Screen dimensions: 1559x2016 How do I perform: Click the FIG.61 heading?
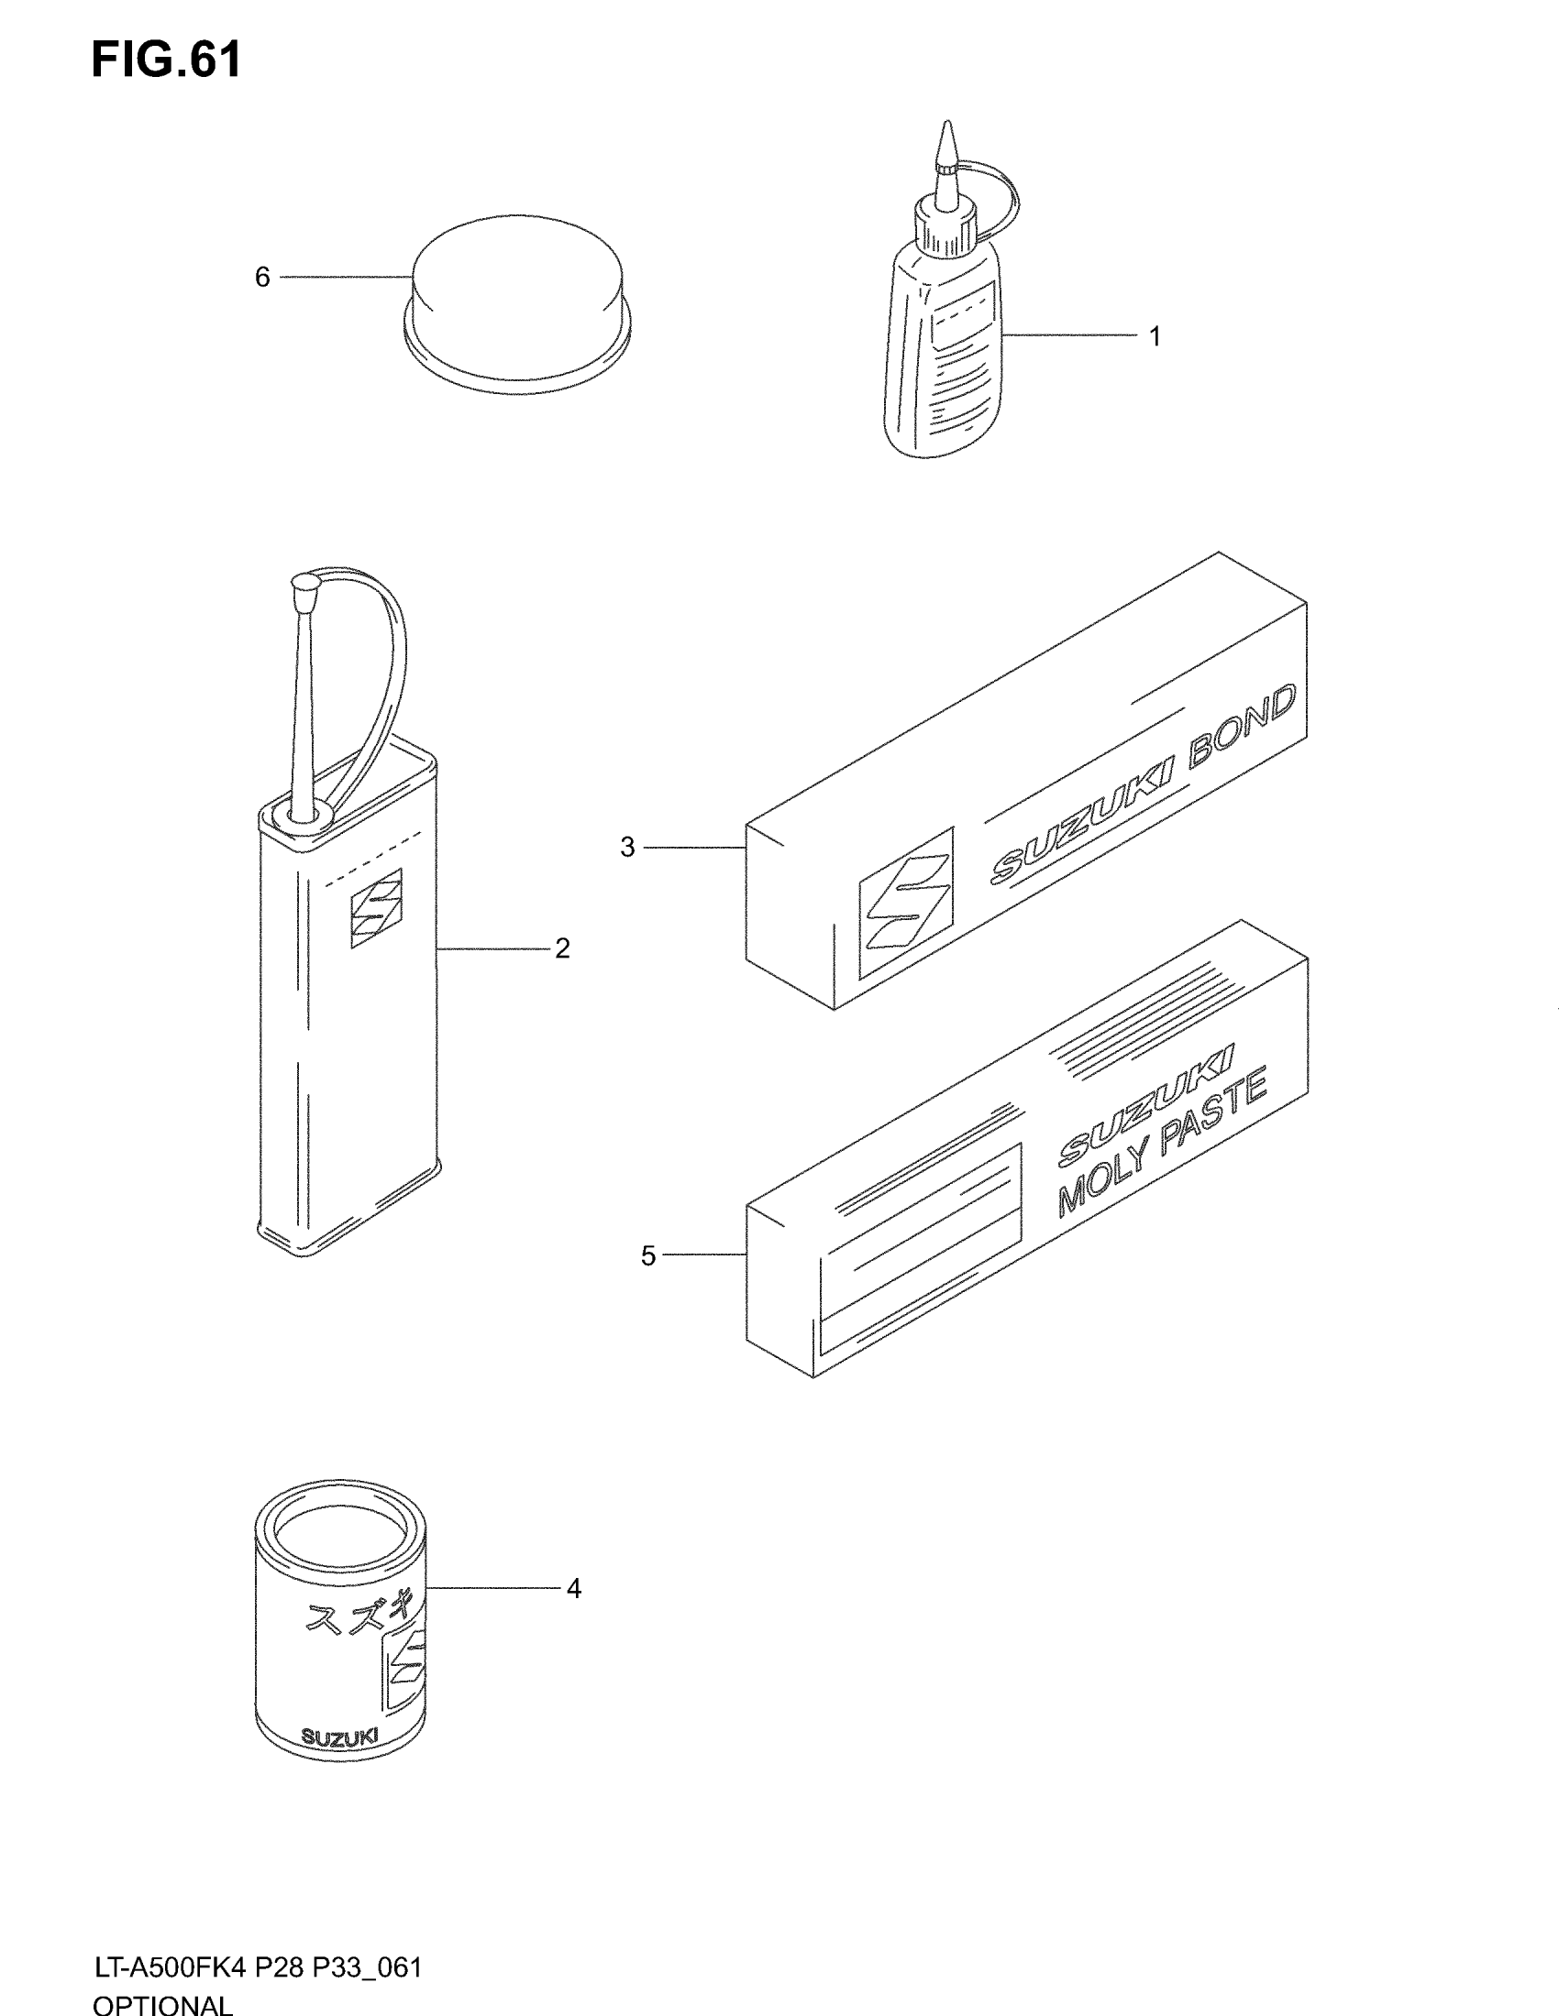[166, 60]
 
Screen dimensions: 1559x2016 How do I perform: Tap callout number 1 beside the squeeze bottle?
[1155, 337]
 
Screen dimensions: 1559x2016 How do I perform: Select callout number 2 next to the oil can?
[562, 948]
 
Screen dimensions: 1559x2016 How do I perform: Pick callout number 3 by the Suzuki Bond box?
[628, 848]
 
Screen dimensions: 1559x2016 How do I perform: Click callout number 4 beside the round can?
[573, 1589]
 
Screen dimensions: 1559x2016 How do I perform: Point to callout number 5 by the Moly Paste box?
[648, 1255]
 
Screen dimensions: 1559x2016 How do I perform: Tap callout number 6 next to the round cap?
[262, 277]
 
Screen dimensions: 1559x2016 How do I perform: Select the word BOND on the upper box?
[1242, 729]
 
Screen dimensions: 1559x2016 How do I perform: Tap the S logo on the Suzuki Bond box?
[906, 903]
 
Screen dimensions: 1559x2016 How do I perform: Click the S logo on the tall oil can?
[376, 908]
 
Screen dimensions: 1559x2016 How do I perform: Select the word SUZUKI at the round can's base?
[340, 1738]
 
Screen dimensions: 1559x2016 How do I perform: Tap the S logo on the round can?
[406, 1665]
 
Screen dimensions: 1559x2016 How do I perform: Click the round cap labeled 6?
[517, 300]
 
